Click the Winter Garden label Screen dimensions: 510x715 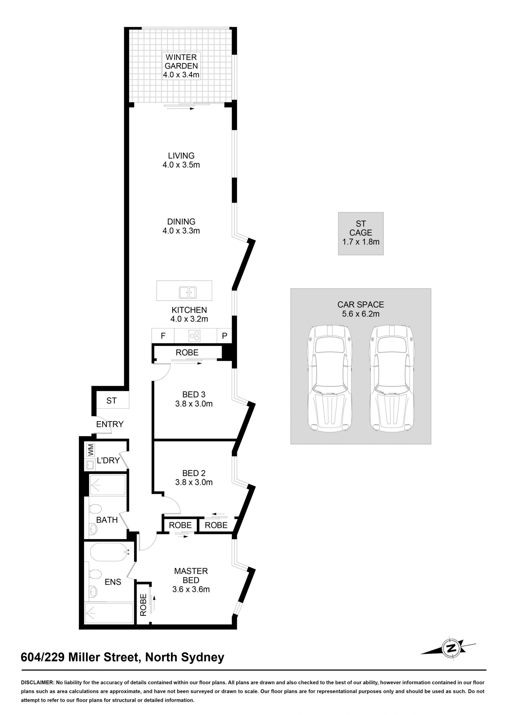click(x=181, y=66)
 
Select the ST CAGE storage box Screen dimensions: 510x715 click(x=360, y=233)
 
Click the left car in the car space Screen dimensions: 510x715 click(x=329, y=378)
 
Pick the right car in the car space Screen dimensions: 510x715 click(x=392, y=378)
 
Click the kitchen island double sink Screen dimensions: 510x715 click(x=188, y=293)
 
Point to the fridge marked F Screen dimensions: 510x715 click(x=163, y=336)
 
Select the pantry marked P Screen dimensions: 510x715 click(x=224, y=336)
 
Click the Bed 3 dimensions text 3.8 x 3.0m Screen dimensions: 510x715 click(x=194, y=404)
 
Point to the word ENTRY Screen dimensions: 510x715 click(x=110, y=424)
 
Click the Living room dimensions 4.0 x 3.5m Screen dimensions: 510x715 click(x=181, y=165)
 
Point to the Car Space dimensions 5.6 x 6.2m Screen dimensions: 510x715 click(x=360, y=314)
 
